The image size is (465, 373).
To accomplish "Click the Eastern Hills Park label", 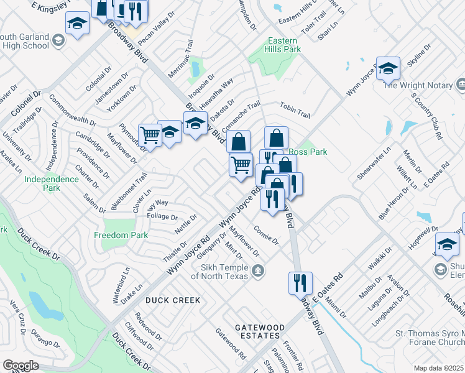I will (284, 45).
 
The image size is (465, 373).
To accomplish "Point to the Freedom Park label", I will (121, 236).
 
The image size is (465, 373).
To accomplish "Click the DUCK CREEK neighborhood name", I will (173, 300).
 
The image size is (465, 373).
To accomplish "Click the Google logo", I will (21, 366).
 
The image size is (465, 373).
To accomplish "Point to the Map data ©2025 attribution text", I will (439, 368).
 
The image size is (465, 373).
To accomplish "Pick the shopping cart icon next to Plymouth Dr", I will (150, 133).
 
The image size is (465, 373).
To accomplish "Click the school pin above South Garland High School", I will (77, 24).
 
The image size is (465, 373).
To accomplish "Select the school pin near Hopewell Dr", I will (447, 244).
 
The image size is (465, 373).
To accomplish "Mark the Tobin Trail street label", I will (295, 109).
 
